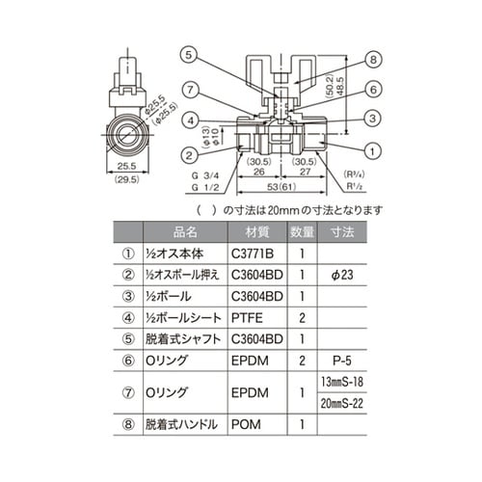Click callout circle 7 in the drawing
(192, 90)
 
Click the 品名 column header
(185, 231)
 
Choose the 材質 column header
(256, 231)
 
